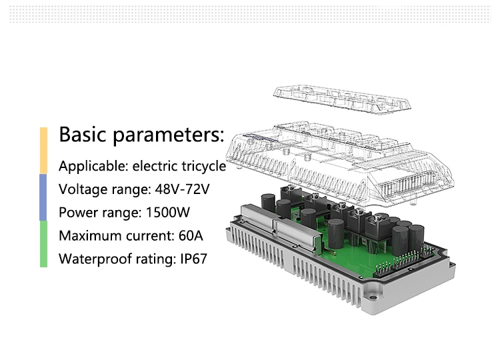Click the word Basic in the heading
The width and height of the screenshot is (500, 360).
tap(83, 135)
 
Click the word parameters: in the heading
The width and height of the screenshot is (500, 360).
tap(168, 135)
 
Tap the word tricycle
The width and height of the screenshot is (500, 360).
tap(201, 166)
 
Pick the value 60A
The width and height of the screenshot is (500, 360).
tap(189, 236)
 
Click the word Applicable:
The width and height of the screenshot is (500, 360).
tap(93, 166)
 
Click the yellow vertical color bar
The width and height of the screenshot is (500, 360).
tap(43, 151)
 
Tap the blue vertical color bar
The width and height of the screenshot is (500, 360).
tap(43, 197)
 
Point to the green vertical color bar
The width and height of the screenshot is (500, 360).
tap(43, 244)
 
